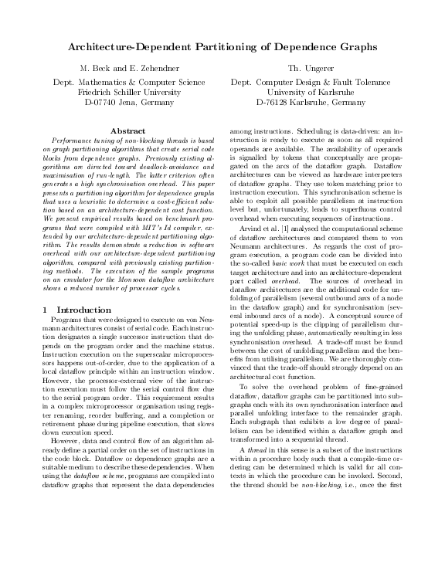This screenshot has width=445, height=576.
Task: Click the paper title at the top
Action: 222,48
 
